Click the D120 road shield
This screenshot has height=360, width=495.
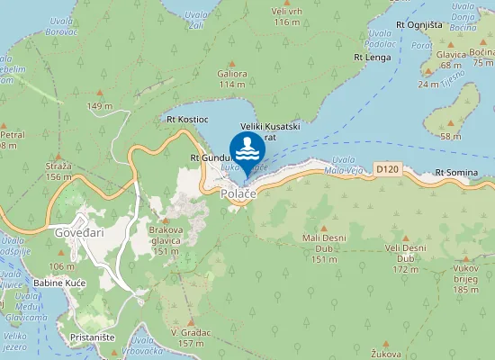point(388,168)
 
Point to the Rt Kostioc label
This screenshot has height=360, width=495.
point(187,119)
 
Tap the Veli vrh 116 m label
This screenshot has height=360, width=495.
point(285,15)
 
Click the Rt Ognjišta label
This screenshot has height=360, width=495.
point(418,23)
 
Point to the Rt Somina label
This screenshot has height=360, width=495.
point(455,172)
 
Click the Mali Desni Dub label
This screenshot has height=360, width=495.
point(324,242)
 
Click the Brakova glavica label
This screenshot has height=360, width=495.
point(166,235)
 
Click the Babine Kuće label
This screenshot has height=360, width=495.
point(59,283)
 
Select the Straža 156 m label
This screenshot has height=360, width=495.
point(58,171)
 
